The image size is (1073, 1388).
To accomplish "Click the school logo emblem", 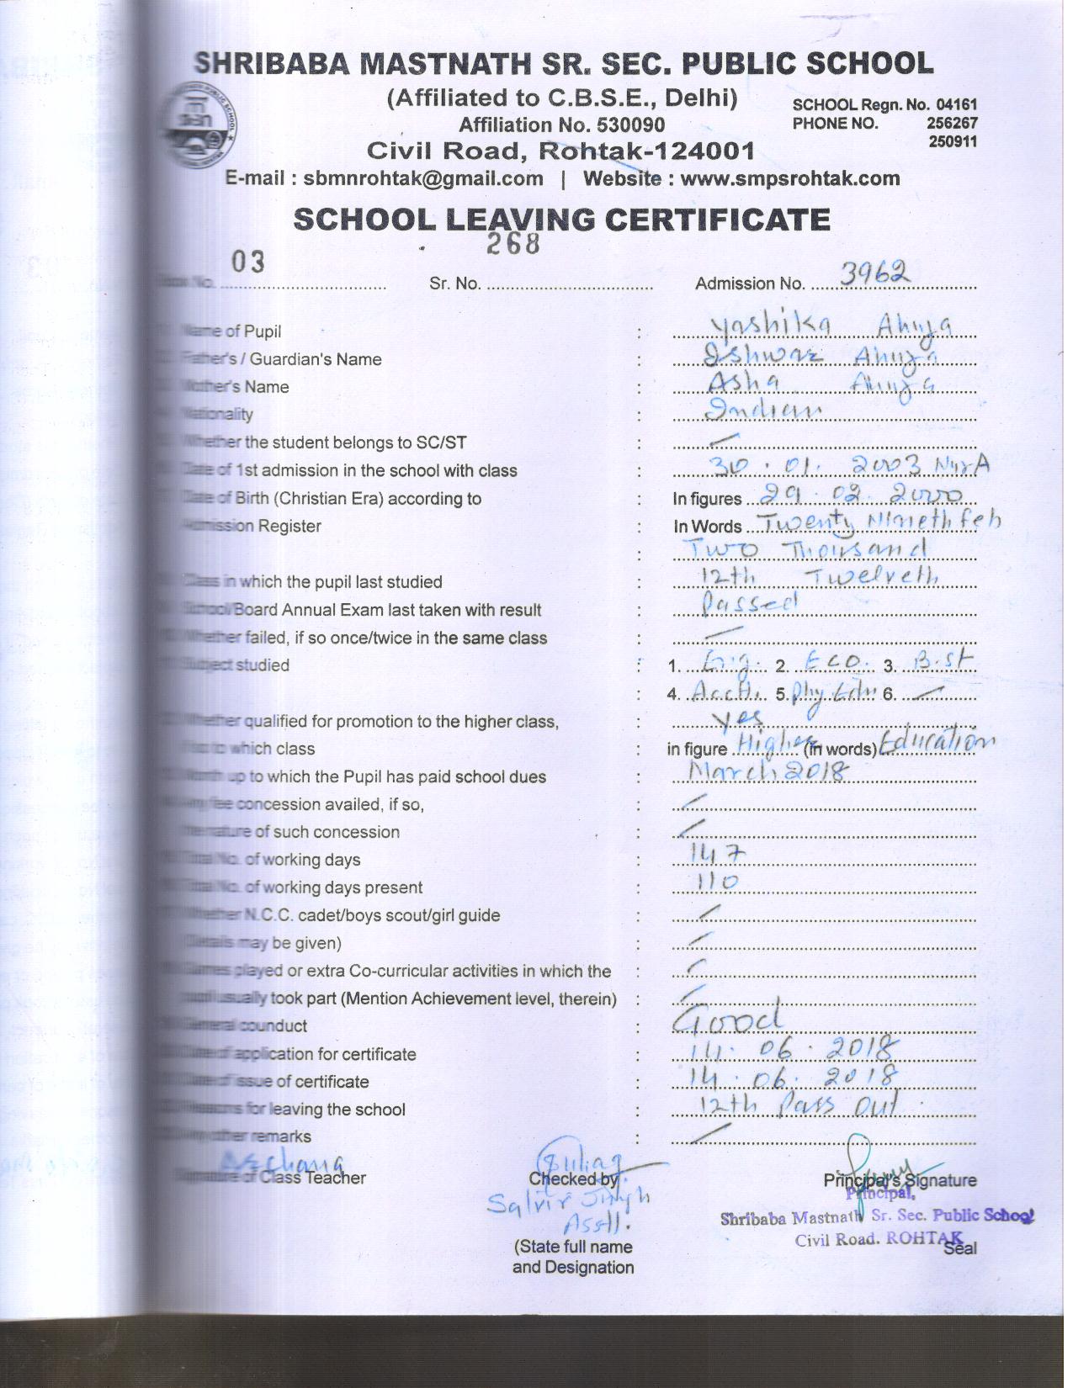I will tap(202, 127).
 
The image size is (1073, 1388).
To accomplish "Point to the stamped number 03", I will tap(248, 262).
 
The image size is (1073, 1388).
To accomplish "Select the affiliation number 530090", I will tap(630, 125).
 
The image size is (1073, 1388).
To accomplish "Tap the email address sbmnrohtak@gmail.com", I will tap(423, 178).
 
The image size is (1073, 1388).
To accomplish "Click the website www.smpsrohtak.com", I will tap(790, 178).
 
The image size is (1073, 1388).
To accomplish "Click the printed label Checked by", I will tap(572, 1179).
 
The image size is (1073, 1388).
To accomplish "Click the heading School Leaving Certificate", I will tap(561, 220).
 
